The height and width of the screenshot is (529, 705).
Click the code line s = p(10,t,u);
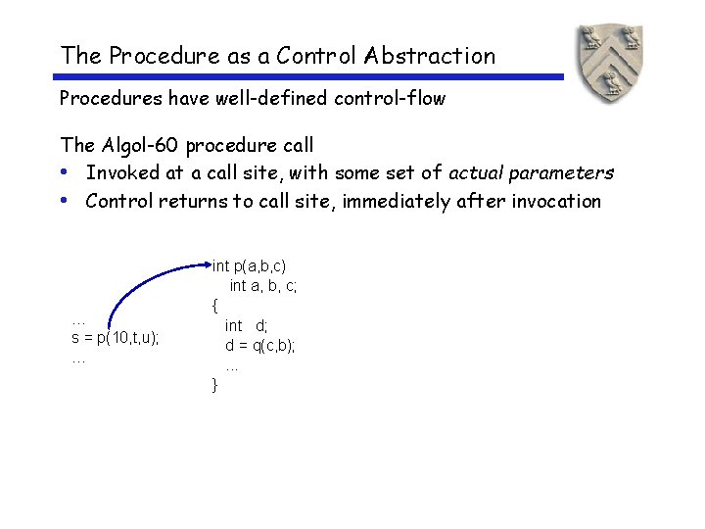(x=116, y=338)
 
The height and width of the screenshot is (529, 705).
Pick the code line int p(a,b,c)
(x=250, y=265)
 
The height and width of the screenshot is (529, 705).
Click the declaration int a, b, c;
(x=263, y=285)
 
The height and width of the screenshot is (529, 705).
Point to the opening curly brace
(x=214, y=306)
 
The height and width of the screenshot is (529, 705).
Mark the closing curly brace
(x=214, y=385)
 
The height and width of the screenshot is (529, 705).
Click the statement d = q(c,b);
(x=260, y=345)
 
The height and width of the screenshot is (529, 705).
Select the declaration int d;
(x=247, y=325)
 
